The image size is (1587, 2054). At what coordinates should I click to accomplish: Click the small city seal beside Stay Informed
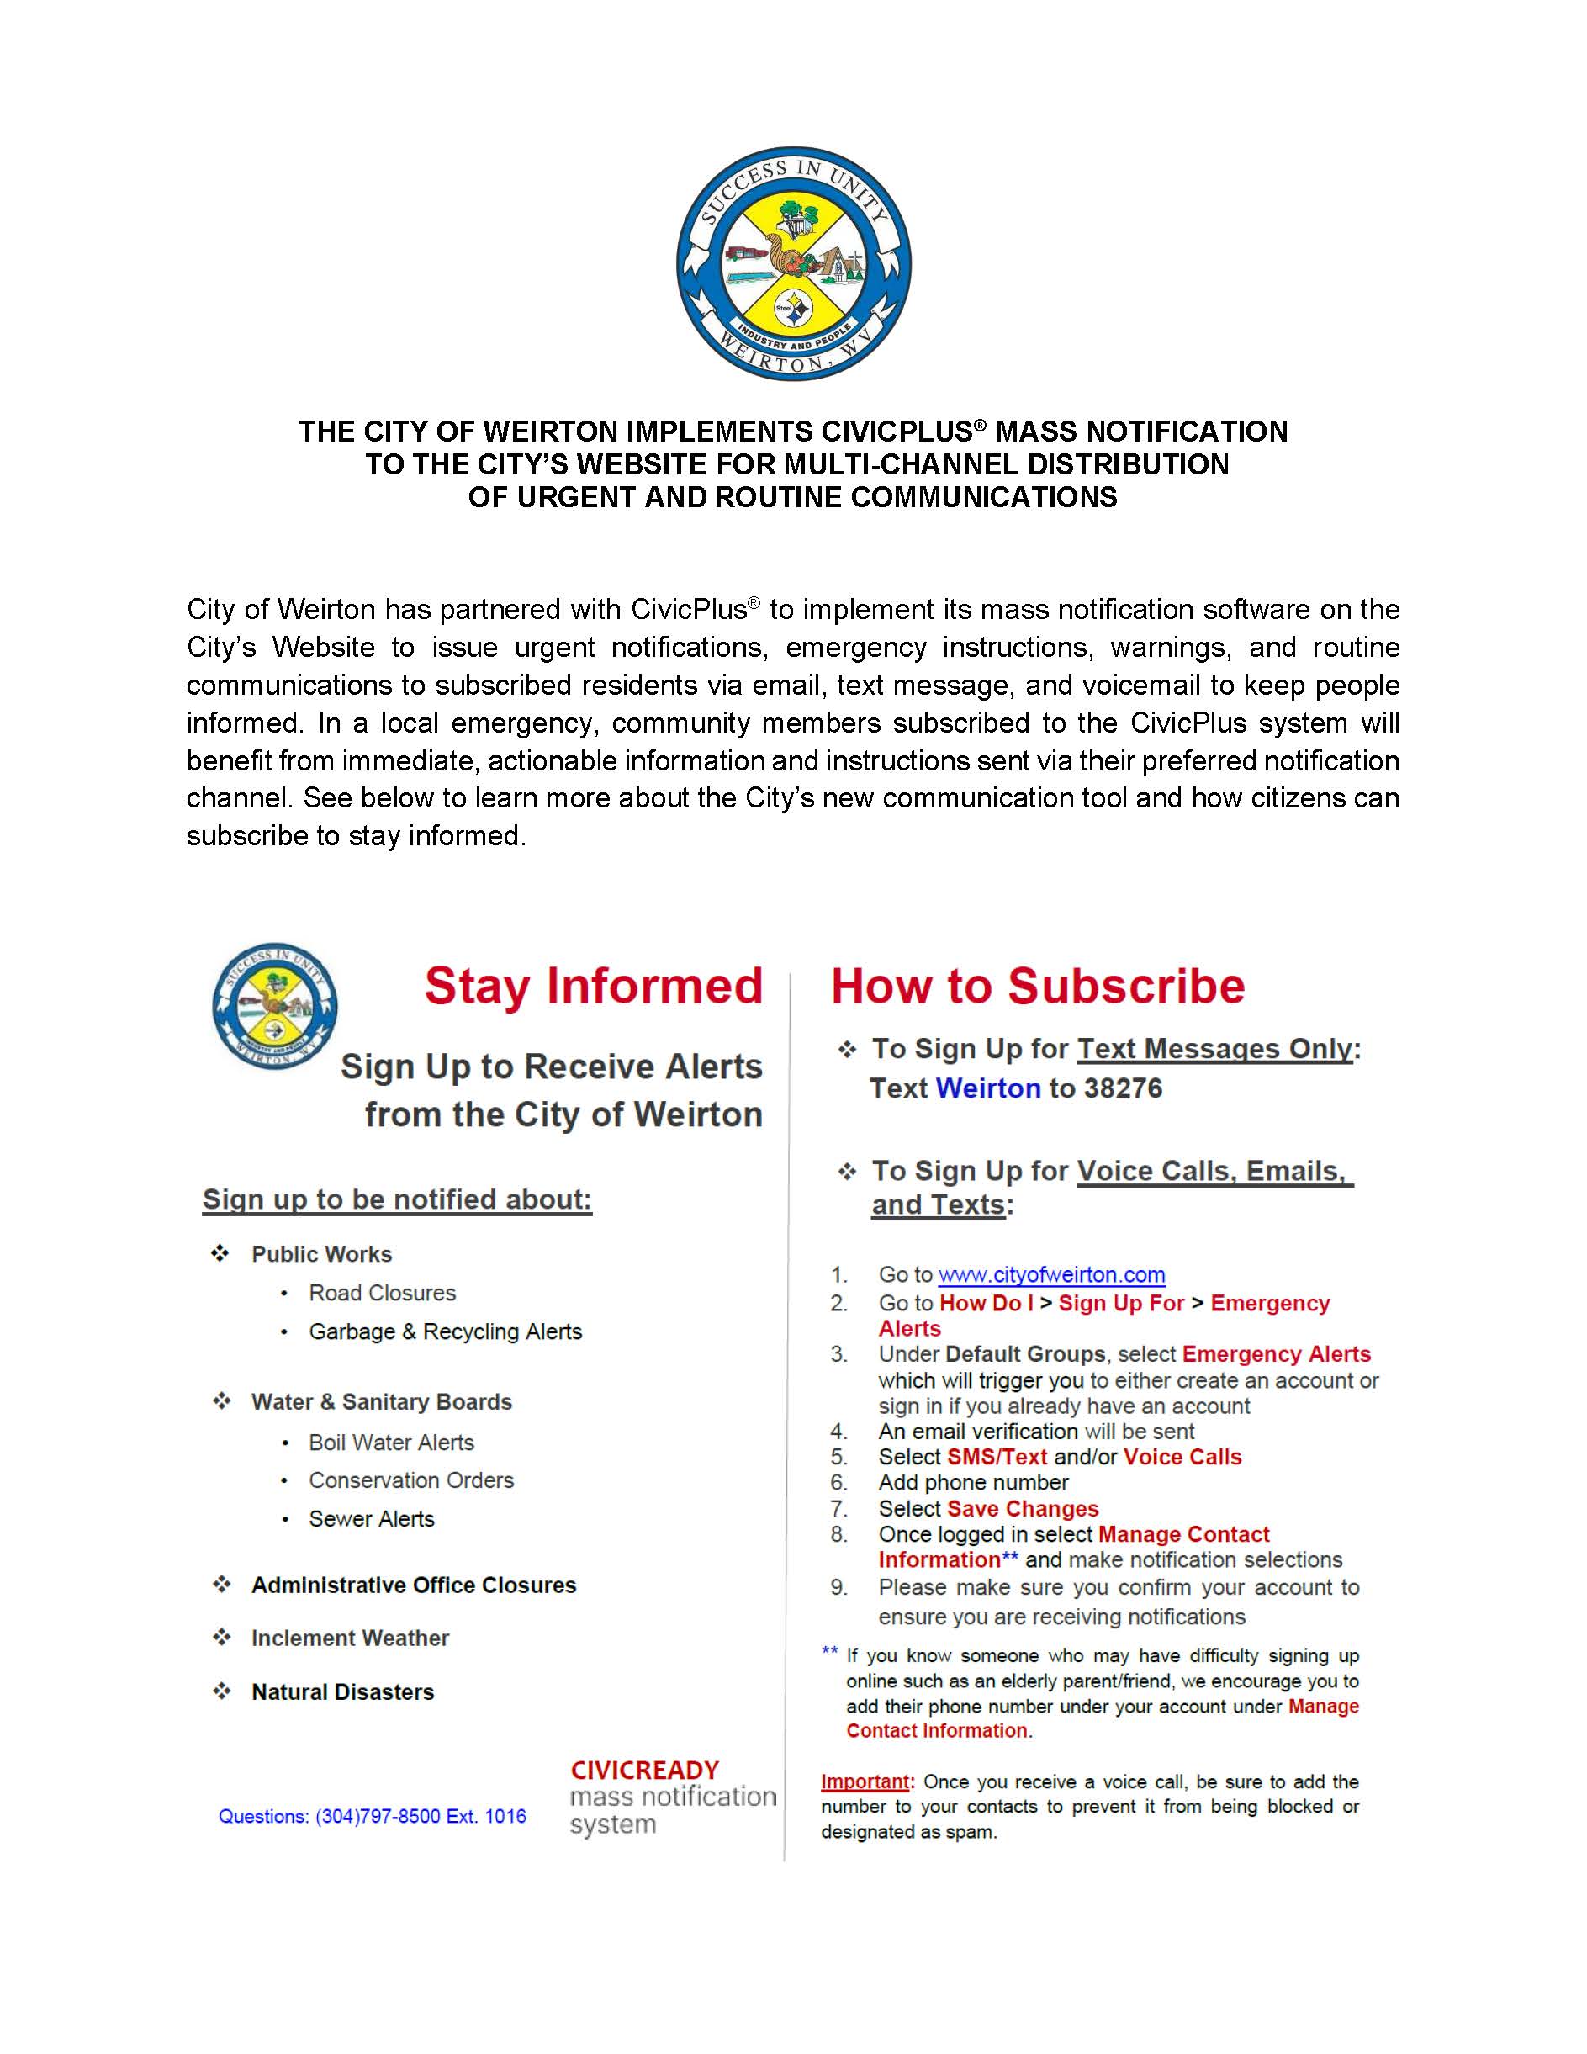tap(274, 1005)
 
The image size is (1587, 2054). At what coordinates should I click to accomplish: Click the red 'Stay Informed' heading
tap(593, 987)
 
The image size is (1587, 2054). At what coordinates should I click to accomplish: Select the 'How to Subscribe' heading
tap(1037, 987)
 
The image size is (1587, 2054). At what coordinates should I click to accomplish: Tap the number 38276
tap(1123, 1088)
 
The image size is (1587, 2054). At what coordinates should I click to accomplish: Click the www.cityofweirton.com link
tap(1051, 1274)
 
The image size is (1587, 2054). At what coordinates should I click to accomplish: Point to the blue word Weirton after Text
tap(987, 1088)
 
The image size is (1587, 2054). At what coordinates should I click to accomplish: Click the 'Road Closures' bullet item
tap(382, 1293)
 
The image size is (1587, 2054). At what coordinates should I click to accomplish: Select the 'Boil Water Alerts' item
tap(391, 1443)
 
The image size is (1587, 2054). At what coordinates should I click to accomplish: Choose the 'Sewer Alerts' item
tap(372, 1519)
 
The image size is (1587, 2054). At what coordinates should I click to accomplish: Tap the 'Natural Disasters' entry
tap(342, 1692)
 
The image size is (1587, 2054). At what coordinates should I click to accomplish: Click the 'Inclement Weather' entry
tap(350, 1638)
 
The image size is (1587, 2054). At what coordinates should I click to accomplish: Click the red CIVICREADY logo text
tap(644, 1770)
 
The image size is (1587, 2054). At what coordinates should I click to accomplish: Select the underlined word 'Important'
tap(864, 1781)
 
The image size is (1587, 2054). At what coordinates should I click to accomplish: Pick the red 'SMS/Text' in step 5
tap(997, 1457)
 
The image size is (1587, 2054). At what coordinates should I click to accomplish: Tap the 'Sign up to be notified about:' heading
tap(397, 1199)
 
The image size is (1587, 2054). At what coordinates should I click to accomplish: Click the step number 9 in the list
tap(838, 1587)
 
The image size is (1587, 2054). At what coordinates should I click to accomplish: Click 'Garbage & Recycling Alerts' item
tap(445, 1331)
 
